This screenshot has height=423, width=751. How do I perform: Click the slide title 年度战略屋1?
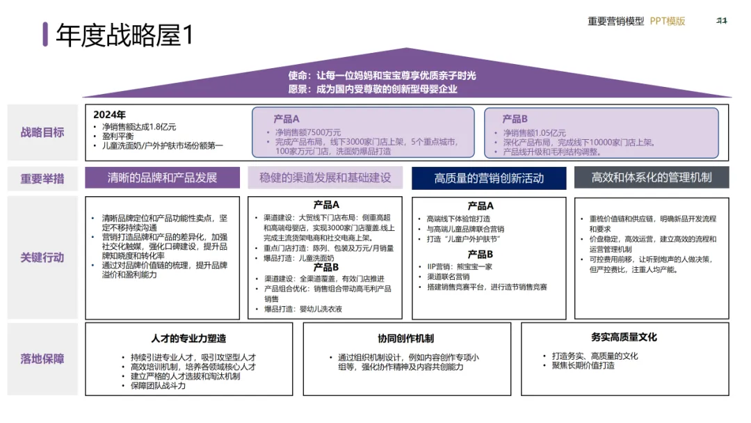tap(124, 35)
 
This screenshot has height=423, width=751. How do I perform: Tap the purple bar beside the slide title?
tap(45, 34)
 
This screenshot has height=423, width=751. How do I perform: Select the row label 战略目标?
tap(42, 132)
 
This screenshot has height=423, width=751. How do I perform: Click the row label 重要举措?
tap(42, 178)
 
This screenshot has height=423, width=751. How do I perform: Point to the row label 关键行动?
tap(42, 257)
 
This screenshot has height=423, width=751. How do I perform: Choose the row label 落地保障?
tap(42, 359)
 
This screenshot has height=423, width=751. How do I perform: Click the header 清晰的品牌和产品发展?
tap(162, 178)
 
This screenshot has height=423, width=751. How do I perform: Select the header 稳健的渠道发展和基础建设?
tap(325, 178)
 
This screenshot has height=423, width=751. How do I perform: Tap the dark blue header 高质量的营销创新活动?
tap(489, 178)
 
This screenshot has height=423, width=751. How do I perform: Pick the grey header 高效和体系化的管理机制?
tap(652, 178)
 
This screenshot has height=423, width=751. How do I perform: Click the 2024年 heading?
tap(110, 115)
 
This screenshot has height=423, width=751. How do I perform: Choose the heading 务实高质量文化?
tap(624, 337)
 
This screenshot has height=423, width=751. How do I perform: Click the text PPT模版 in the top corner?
tap(668, 21)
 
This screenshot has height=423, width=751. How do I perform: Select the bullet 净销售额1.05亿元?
tap(534, 133)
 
